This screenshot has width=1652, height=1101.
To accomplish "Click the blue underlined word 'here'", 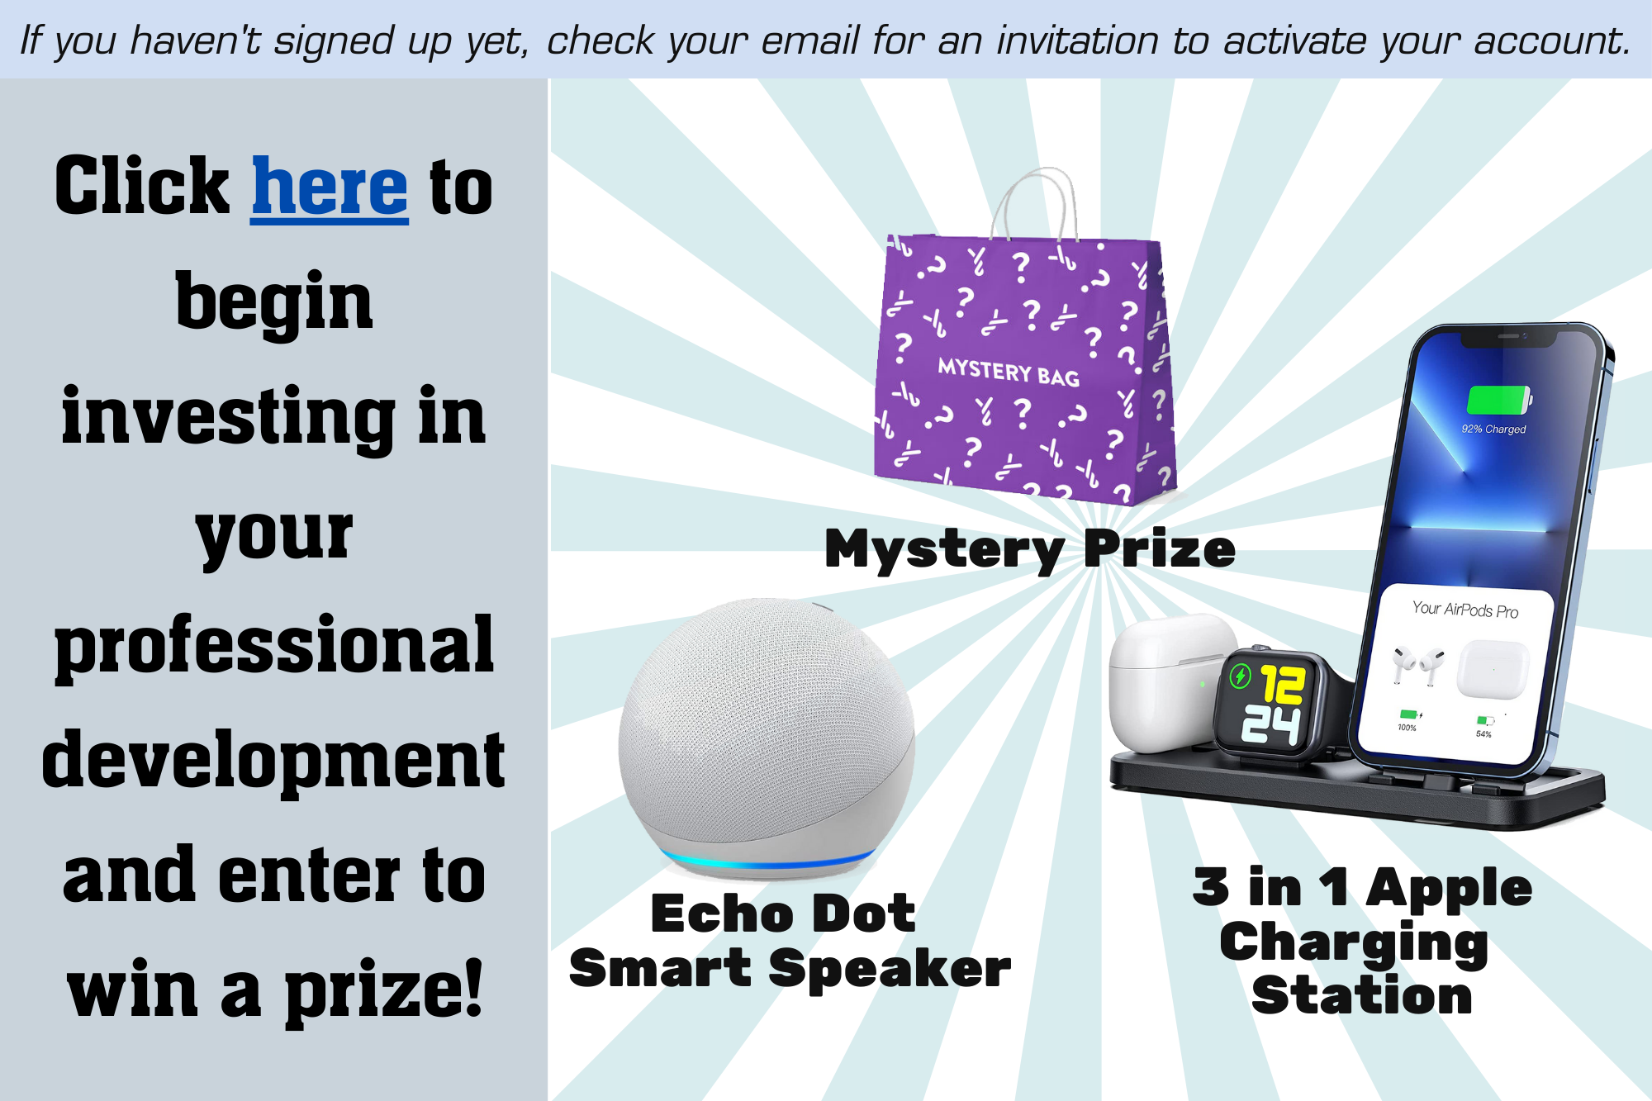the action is (330, 188).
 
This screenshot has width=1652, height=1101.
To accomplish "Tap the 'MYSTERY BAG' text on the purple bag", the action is (1009, 372).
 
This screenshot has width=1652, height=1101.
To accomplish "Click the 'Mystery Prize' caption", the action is (1030, 550).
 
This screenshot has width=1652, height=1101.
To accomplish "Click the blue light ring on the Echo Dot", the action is (768, 861).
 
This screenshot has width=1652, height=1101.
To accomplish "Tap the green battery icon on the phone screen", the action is (1498, 401).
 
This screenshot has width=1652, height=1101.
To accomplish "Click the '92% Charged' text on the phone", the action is (1493, 429).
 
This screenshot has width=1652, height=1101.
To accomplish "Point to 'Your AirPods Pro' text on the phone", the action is (1465, 610).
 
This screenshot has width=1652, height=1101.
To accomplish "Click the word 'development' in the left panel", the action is (273, 762).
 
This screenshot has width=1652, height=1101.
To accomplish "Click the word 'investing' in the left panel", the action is (229, 418).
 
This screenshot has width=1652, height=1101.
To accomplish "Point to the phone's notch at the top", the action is (1508, 338).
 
